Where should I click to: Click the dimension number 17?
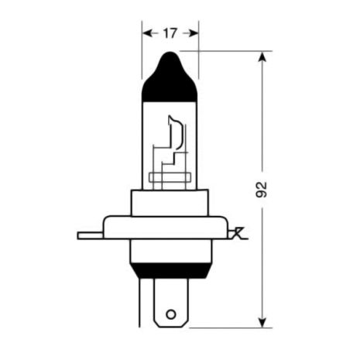click(170, 33)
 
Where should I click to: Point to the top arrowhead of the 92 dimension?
click(264, 57)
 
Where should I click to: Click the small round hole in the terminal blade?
click(171, 316)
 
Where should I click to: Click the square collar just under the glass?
click(170, 203)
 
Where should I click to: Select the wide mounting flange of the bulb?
click(170, 228)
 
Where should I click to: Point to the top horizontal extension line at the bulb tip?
click(232, 51)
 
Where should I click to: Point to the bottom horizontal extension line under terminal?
click(232, 327)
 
